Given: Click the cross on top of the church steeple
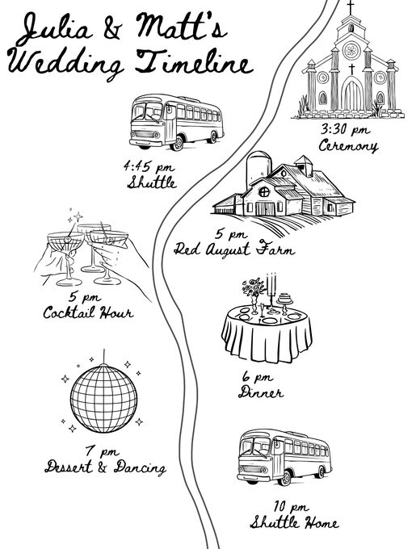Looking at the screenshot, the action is coord(350,7).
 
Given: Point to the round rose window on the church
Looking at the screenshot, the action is coord(351,51).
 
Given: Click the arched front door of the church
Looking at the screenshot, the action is coord(352,94).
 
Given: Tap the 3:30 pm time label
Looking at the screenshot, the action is coord(345,130).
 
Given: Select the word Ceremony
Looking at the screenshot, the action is coord(348,145).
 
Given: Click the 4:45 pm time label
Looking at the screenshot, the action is coord(149,166).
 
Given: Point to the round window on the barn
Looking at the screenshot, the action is coord(264,191).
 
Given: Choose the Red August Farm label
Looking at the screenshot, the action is coord(233,249).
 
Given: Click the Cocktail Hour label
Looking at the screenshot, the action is coord(88,312).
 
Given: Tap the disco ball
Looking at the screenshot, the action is coord(103,398).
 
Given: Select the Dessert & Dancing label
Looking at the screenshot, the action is coord(105,467).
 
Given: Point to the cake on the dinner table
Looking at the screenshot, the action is coord(285,299).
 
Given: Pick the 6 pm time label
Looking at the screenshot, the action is coord(258,377).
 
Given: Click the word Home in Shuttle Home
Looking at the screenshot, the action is coord(321,523).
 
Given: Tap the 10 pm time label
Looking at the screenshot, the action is coord(291,507).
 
